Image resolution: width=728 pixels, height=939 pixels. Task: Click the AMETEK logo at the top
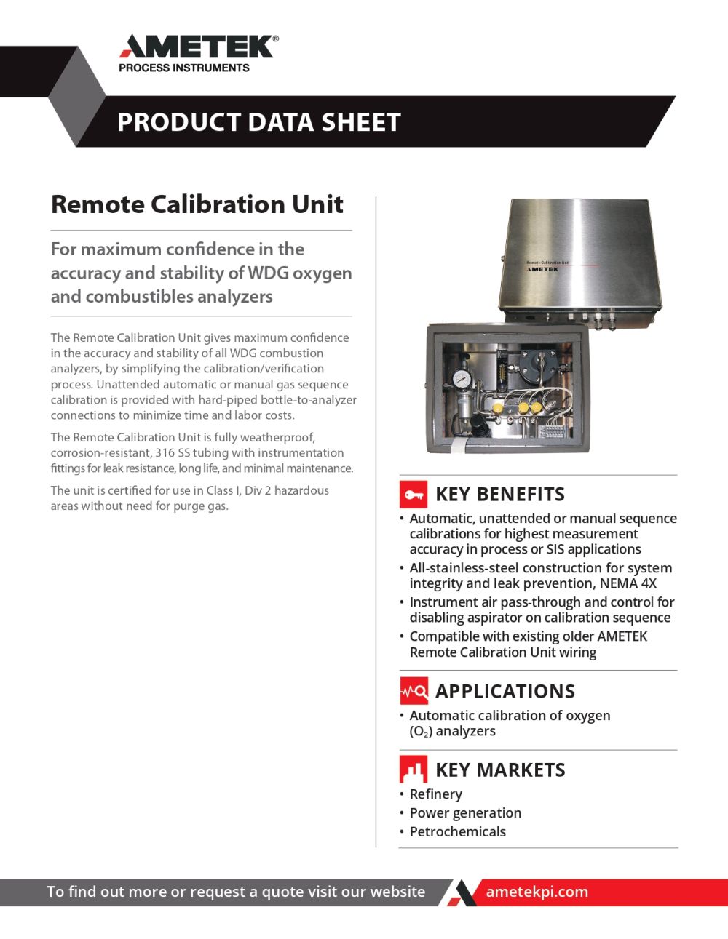point(198,47)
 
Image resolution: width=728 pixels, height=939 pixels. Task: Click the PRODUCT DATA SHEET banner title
point(258,122)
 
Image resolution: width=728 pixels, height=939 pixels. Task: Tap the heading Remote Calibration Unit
point(197,204)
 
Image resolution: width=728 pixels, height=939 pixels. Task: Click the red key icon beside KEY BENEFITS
point(414,495)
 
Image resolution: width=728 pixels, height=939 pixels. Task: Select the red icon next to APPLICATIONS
point(414,691)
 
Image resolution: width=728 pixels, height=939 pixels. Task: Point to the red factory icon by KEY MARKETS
point(414,770)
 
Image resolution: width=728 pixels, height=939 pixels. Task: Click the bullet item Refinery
point(435,794)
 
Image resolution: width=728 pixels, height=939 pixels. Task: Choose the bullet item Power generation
point(465,813)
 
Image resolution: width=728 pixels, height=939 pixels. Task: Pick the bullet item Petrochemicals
point(457,832)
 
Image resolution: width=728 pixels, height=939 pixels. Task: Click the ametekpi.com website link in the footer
point(537,892)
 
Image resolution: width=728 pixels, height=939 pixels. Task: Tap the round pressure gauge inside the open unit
point(460,380)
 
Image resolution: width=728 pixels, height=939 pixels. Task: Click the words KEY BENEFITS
point(499,495)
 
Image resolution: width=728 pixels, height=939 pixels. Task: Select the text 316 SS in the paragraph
point(173,453)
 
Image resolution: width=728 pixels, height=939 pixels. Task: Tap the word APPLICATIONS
point(505,691)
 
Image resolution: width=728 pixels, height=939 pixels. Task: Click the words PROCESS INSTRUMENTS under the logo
point(183,68)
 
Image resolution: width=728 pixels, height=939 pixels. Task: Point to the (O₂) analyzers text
point(452,732)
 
